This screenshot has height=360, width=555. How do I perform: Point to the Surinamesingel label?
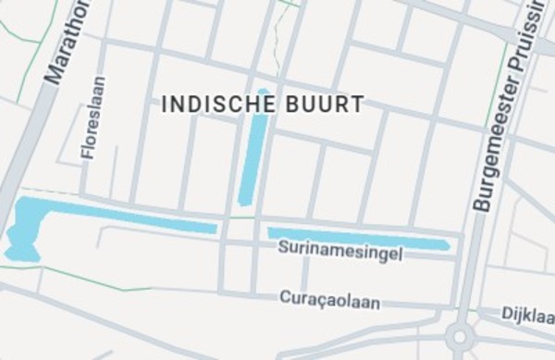(339, 251)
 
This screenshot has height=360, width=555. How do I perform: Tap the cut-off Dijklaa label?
(527, 315)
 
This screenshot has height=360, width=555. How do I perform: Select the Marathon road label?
(70, 42)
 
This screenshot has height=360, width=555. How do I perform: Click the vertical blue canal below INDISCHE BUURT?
(253, 148)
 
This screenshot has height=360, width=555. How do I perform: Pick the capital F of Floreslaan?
(90, 155)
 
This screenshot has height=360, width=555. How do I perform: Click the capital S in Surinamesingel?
(283, 248)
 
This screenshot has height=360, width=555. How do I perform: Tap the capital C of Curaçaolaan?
(285, 298)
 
